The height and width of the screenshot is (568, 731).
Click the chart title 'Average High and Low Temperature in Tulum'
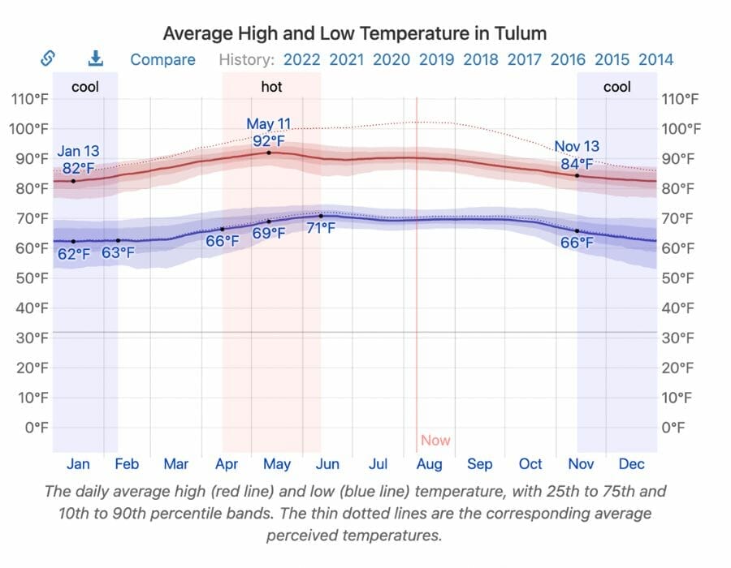point(354,33)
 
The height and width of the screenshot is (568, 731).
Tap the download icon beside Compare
point(96,58)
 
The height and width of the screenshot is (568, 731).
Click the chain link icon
point(47,58)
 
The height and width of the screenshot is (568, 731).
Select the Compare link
point(162,59)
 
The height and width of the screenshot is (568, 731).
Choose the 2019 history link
point(436,59)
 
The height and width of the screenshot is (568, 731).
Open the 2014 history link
point(655,59)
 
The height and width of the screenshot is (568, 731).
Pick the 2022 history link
point(301,59)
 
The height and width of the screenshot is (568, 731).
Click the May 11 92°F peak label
point(268,132)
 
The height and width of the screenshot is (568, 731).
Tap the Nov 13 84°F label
point(577,154)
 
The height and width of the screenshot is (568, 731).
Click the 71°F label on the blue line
point(320,228)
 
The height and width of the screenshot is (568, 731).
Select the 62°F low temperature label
point(74,254)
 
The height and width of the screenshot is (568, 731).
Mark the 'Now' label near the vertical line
point(435,441)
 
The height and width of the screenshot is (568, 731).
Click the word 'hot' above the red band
point(271,86)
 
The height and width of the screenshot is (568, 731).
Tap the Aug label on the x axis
point(429,464)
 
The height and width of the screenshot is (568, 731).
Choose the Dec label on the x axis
point(631,464)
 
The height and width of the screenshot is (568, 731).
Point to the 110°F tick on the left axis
point(30,99)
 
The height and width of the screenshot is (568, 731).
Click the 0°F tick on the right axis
point(680,427)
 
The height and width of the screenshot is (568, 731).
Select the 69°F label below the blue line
point(268,234)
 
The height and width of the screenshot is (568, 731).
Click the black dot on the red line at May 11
point(269,153)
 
